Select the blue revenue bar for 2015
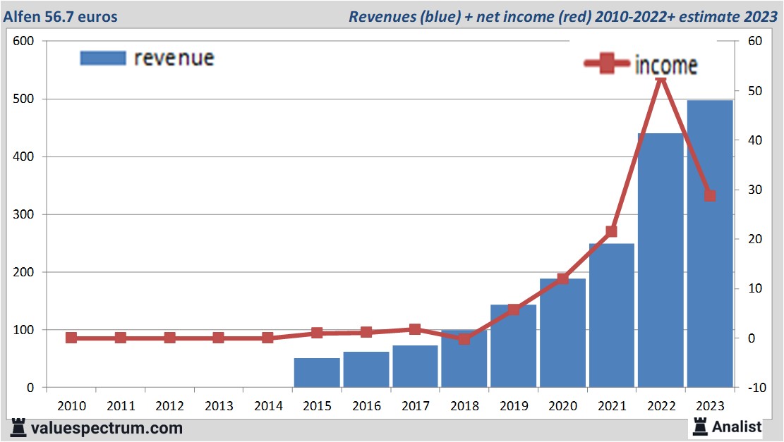click(x=317, y=373)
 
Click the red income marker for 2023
click(x=710, y=195)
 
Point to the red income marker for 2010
click(x=71, y=338)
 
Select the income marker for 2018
click(x=464, y=338)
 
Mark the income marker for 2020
click(x=562, y=279)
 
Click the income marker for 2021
click(x=611, y=231)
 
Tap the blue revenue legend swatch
click(x=103, y=58)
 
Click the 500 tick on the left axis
click(x=24, y=99)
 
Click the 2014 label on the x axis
click(x=268, y=406)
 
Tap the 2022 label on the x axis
click(x=661, y=406)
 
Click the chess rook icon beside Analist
click(x=700, y=426)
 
